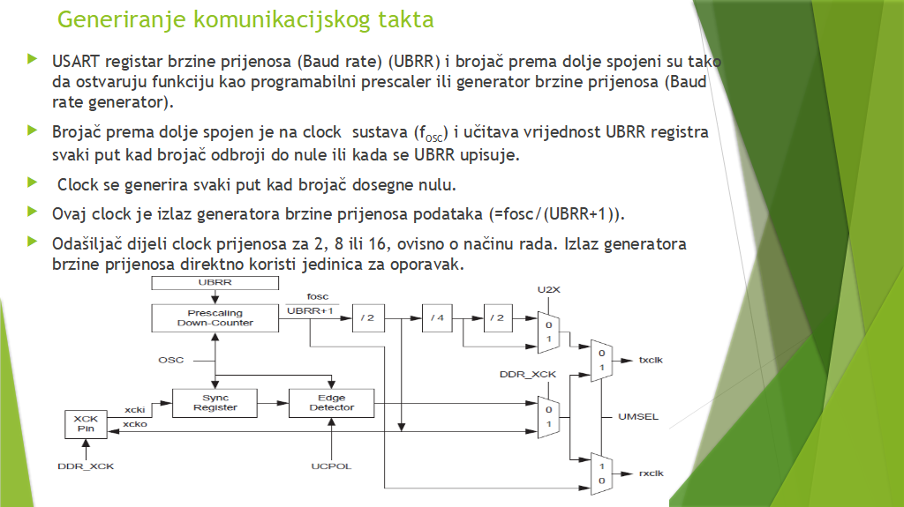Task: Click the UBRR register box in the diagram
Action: point(215,283)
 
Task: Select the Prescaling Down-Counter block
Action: point(215,317)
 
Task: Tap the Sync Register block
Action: point(215,403)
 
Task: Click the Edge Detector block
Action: point(332,403)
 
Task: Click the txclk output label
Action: point(651,361)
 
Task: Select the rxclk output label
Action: point(651,473)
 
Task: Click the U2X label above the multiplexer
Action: point(548,289)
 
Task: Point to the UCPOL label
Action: point(332,466)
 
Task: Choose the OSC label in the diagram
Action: point(170,360)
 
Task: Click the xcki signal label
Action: point(135,410)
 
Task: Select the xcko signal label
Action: point(135,424)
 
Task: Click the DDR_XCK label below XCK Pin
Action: point(86,465)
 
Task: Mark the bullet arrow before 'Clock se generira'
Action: point(33,184)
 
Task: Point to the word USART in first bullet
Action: point(75,62)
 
